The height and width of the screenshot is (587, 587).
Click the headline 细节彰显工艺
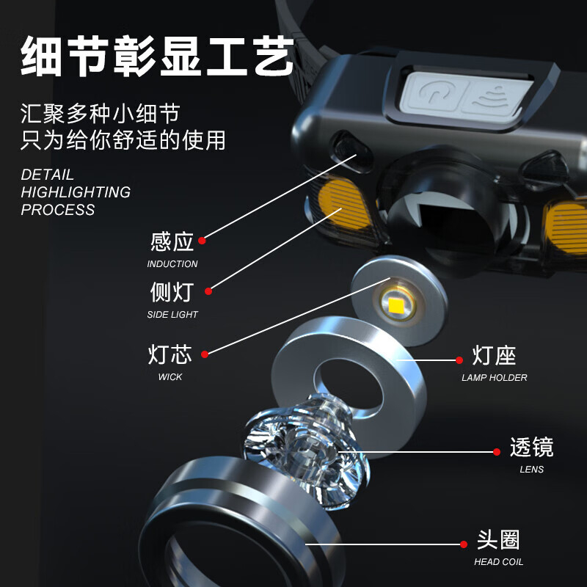[x=158, y=56]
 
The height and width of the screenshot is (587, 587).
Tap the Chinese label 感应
[x=172, y=241]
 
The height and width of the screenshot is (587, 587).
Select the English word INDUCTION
[x=172, y=264]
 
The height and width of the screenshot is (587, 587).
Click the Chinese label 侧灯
[x=172, y=292]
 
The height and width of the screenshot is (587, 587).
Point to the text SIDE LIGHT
[x=172, y=315]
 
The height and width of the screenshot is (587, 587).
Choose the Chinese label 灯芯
[x=170, y=354]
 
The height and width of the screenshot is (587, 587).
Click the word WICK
[x=170, y=377]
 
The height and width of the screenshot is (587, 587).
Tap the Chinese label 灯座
[x=495, y=357]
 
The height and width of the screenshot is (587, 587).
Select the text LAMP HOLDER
[x=495, y=378]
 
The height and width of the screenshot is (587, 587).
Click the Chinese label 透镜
[x=531, y=448]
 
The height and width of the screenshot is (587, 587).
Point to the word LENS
[x=532, y=470]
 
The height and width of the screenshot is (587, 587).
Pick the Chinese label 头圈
[x=498, y=541]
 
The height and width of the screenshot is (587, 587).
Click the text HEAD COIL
[x=499, y=563]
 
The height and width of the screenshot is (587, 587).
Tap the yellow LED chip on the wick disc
[x=397, y=303]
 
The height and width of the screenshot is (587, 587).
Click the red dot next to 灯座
[x=459, y=360]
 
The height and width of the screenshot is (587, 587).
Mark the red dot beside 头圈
[x=463, y=544]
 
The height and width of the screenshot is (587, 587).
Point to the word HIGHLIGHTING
[x=76, y=192]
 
